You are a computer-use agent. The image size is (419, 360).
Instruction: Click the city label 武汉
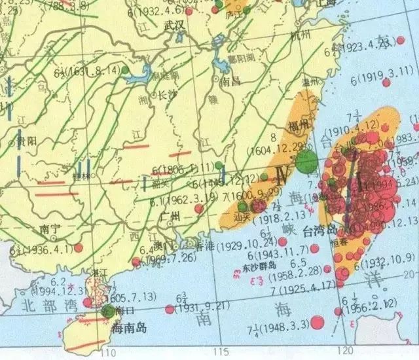point(174,25)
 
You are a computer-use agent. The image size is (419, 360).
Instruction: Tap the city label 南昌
point(231,82)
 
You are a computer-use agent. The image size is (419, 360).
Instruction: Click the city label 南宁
point(49,228)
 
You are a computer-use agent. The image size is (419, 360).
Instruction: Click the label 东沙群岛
point(258,267)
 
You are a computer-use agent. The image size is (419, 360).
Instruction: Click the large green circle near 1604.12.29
point(304,162)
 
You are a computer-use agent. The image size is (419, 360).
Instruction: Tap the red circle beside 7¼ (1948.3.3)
point(318,322)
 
